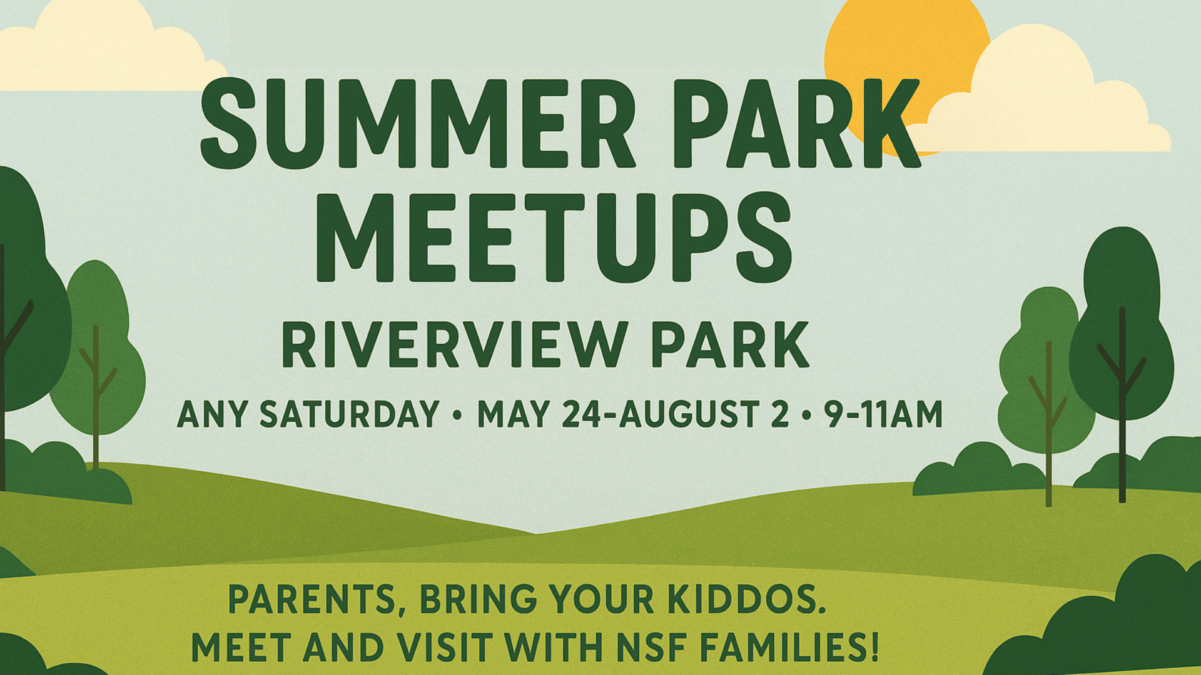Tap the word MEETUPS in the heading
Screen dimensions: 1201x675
pyautogui.click(x=554, y=237)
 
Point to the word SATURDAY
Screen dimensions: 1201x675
pyautogui.click(x=350, y=414)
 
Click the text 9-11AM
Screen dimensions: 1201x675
pyautogui.click(x=883, y=414)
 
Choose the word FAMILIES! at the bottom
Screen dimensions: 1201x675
pyautogui.click(x=789, y=647)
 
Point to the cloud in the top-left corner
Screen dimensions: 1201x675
pyautogui.click(x=106, y=47)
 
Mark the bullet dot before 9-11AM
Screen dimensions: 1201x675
pyautogui.click(x=806, y=414)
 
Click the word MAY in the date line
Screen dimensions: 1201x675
pyautogui.click(x=514, y=414)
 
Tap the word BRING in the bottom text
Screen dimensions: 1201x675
pyautogui.click(x=478, y=599)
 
